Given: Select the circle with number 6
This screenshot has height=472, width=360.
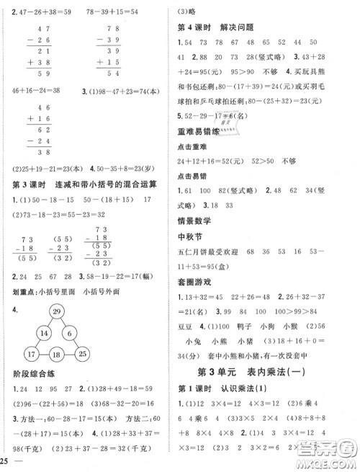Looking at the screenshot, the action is click(69, 334).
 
